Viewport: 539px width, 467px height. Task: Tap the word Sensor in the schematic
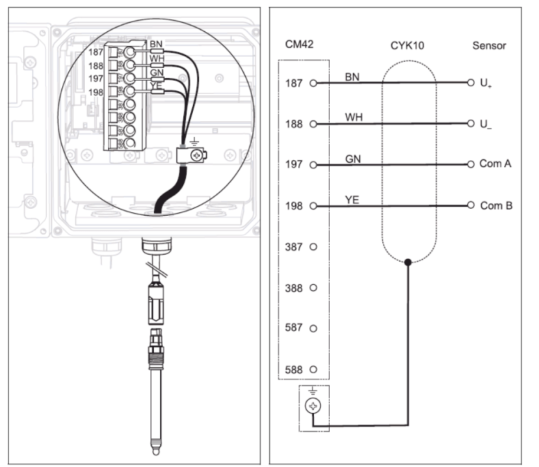[x=490, y=46]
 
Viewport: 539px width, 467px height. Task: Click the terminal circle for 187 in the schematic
[x=313, y=84]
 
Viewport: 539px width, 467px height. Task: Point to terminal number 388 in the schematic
[x=293, y=288]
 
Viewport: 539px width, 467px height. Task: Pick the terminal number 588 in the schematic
[x=293, y=370]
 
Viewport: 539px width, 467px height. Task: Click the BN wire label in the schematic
[x=352, y=76]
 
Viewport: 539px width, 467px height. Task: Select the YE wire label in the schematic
[x=352, y=199]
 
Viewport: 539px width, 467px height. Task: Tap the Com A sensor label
[x=495, y=164]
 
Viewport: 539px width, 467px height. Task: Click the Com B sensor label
[x=496, y=205]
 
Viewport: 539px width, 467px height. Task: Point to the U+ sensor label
[x=486, y=84]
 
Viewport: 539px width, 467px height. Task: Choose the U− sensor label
[x=486, y=125]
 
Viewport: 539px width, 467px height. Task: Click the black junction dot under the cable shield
[x=408, y=262]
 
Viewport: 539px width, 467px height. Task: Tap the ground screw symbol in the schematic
[x=313, y=405]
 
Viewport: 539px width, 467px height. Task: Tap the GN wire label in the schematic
[x=352, y=158]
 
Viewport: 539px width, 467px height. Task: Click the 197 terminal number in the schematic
[x=293, y=165]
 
